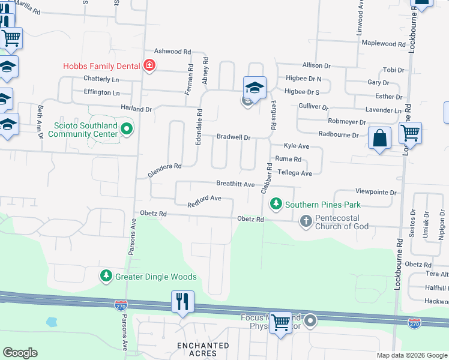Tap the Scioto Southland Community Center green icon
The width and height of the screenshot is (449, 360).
[x=127, y=128]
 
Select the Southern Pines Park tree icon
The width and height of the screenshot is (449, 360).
[x=276, y=204]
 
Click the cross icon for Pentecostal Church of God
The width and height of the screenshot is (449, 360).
[x=306, y=221]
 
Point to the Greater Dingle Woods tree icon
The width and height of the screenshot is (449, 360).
[x=106, y=276]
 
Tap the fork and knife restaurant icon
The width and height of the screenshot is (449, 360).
[x=182, y=301]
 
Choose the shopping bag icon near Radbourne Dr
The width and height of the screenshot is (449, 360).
[x=379, y=139]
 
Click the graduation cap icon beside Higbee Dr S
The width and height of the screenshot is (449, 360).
[x=255, y=88]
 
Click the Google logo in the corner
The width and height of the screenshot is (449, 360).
[x=20, y=353]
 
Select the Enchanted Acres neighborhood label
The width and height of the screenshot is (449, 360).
[x=203, y=349]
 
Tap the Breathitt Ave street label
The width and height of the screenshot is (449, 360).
[x=236, y=184]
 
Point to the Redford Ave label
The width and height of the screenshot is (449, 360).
[x=204, y=198]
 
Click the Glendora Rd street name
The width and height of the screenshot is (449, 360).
[x=164, y=170]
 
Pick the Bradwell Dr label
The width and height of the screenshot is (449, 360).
[x=234, y=137]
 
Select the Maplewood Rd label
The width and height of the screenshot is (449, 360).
[x=385, y=44]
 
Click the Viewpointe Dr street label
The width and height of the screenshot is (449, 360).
[x=376, y=193]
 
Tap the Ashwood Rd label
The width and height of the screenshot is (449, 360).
[x=172, y=52]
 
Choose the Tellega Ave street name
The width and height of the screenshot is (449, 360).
[x=294, y=173]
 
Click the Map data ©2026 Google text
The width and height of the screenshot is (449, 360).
[x=411, y=355]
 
